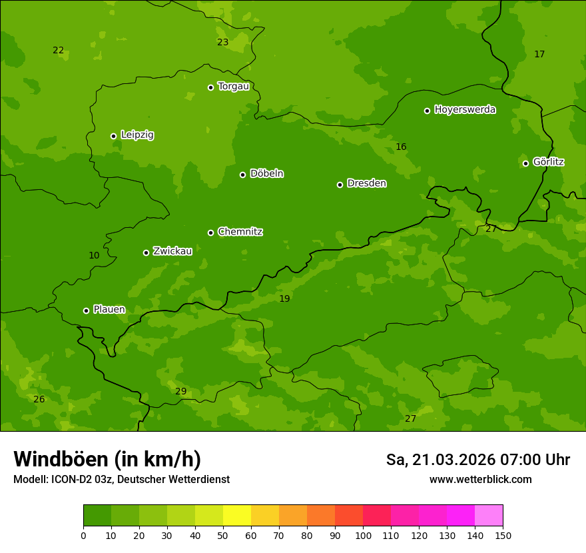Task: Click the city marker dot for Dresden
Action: click(x=340, y=185)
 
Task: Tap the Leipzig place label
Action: click(x=137, y=135)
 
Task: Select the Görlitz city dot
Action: click(x=525, y=163)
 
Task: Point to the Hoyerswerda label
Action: click(x=465, y=110)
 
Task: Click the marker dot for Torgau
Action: click(x=210, y=87)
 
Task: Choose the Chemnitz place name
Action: click(x=240, y=232)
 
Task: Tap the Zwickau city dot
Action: click(x=146, y=253)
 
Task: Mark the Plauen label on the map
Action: click(x=109, y=310)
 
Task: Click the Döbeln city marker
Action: click(x=242, y=175)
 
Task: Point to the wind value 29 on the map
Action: click(x=180, y=391)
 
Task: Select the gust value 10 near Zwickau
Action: click(x=94, y=255)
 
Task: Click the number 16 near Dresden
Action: click(x=401, y=147)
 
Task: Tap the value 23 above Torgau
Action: click(x=222, y=42)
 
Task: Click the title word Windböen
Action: click(x=61, y=459)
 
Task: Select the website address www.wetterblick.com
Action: click(x=480, y=480)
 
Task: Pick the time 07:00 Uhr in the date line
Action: click(x=523, y=460)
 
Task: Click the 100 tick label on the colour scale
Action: click(x=363, y=535)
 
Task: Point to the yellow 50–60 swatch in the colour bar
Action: click(x=237, y=516)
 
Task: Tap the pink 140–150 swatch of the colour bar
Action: click(x=489, y=516)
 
